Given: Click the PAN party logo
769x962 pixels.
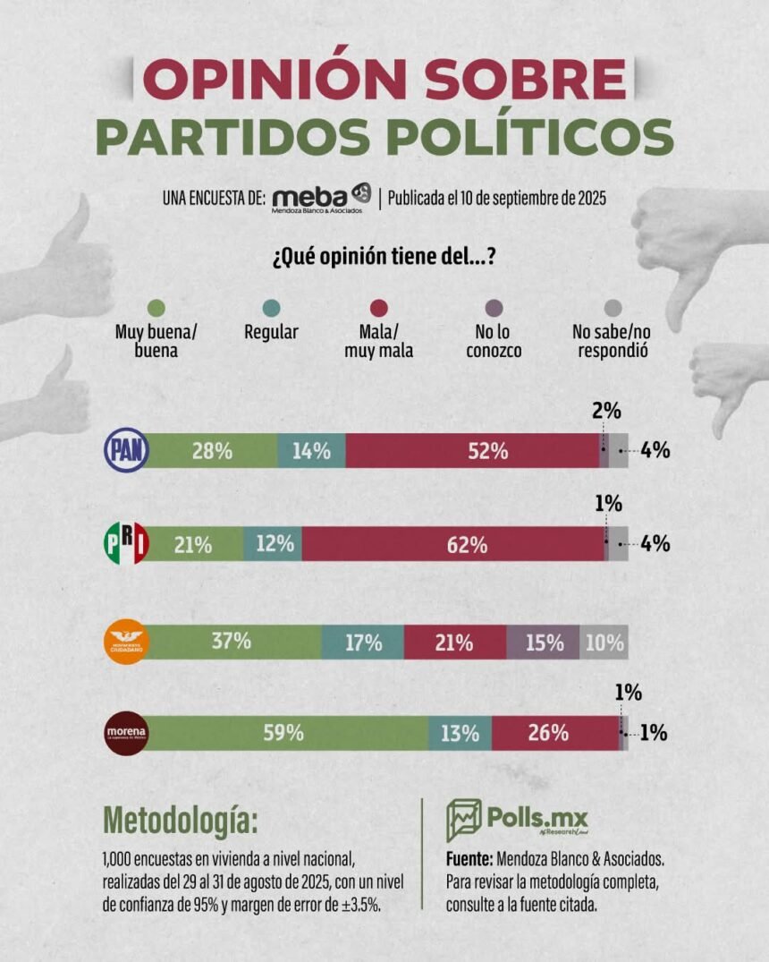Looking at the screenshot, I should (126, 451).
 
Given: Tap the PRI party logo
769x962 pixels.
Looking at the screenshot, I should (126, 543).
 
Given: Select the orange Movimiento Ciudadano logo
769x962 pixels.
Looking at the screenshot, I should (126, 641).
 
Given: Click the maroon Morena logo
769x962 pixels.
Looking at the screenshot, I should (126, 733).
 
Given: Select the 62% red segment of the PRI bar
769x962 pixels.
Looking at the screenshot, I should (453, 544).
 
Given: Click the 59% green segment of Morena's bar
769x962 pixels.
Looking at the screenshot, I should (286, 733).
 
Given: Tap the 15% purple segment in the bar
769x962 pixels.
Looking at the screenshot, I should (543, 642).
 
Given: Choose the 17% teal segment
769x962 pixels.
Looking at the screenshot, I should (363, 642).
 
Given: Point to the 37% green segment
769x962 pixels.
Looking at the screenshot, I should (232, 642).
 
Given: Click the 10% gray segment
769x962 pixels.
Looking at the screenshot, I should (604, 642).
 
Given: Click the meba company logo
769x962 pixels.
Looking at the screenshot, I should (321, 198).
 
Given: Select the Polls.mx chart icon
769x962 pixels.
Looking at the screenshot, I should (463, 820).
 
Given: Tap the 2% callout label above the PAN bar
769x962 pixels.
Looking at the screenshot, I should (606, 411).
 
